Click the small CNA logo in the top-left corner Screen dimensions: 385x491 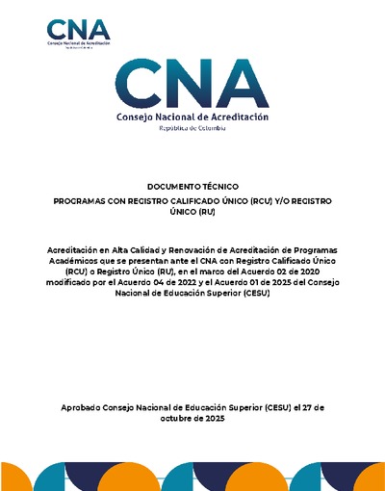coord(78,33)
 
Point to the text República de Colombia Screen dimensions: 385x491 coord(192,129)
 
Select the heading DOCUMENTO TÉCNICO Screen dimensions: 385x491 coord(192,185)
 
